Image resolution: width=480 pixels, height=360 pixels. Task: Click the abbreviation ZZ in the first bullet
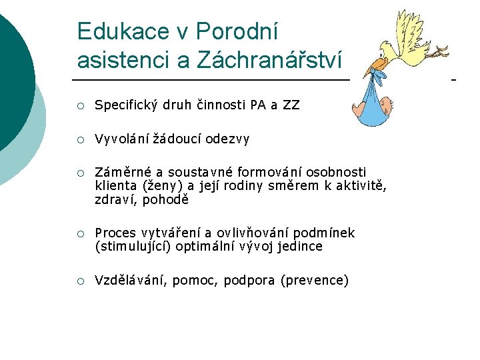point(291,105)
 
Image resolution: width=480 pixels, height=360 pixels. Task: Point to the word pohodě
point(167,199)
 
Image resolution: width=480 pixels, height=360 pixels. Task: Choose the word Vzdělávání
point(131,280)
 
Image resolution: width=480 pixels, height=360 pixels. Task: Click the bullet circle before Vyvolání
point(81,139)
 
